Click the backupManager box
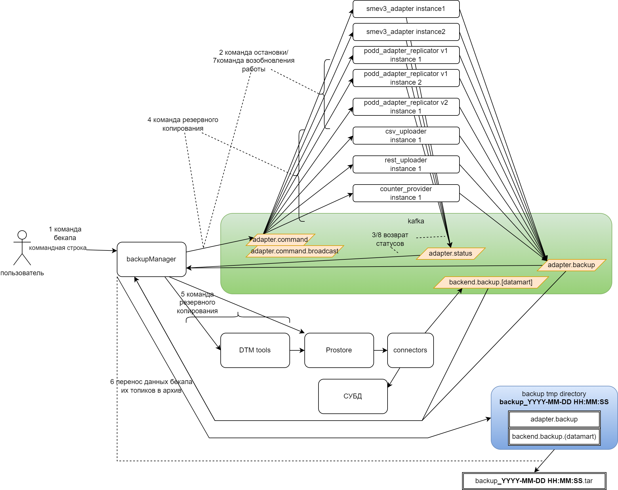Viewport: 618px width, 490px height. click(151, 259)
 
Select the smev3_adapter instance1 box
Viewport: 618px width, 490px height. click(406, 9)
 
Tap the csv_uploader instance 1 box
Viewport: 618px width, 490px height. click(406, 136)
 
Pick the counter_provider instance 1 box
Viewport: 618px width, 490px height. click(406, 193)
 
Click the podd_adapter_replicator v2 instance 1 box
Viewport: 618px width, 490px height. click(406, 107)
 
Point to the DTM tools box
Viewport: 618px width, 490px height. click(255, 350)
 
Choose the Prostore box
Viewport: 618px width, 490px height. click(339, 350)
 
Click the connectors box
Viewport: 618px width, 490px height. click(410, 350)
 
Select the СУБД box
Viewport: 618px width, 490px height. click(353, 396)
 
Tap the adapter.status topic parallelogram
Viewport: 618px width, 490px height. click(451, 253)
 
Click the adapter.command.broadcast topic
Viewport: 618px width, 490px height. click(295, 251)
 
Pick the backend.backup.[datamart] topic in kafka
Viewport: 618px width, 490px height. click(491, 282)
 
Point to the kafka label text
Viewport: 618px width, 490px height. click(416, 221)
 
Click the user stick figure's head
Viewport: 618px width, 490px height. click(22, 235)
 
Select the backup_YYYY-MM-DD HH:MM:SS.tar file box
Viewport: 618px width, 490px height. click(534, 481)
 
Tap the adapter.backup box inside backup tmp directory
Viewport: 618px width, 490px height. click(554, 419)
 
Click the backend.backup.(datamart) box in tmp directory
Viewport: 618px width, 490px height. click(554, 436)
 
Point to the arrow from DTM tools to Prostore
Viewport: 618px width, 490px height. click(297, 350)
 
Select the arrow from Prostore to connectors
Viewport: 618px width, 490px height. click(380, 350)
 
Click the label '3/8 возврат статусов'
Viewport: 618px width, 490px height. click(390, 239)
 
